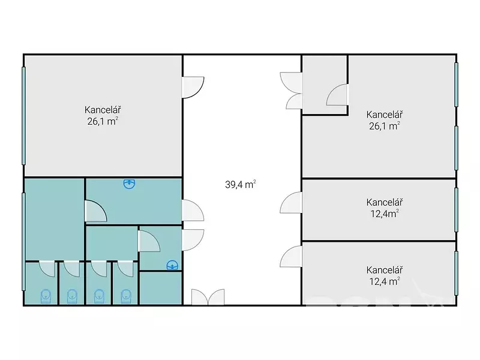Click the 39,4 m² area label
click(x=241, y=184)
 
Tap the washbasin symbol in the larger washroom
click(x=129, y=184)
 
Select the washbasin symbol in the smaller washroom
click(x=172, y=265)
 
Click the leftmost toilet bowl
click(x=46, y=296)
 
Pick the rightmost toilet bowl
click(x=126, y=296)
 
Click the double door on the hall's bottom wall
click(x=208, y=297)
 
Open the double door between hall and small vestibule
click(x=291, y=91)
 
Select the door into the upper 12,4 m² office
click(x=291, y=202)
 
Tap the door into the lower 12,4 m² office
click(x=291, y=256)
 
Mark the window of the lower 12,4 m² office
click(x=456, y=273)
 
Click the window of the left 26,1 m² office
click(x=23, y=116)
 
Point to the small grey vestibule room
click(x=325, y=85)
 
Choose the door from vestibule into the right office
click(x=337, y=95)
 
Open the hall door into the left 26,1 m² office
click(x=193, y=87)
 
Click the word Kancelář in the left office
click(x=103, y=110)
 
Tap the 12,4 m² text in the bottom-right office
click(x=385, y=281)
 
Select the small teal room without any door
click(x=161, y=288)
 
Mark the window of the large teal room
click(x=23, y=241)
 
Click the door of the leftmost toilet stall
click(x=47, y=268)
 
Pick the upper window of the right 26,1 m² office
click(x=456, y=85)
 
